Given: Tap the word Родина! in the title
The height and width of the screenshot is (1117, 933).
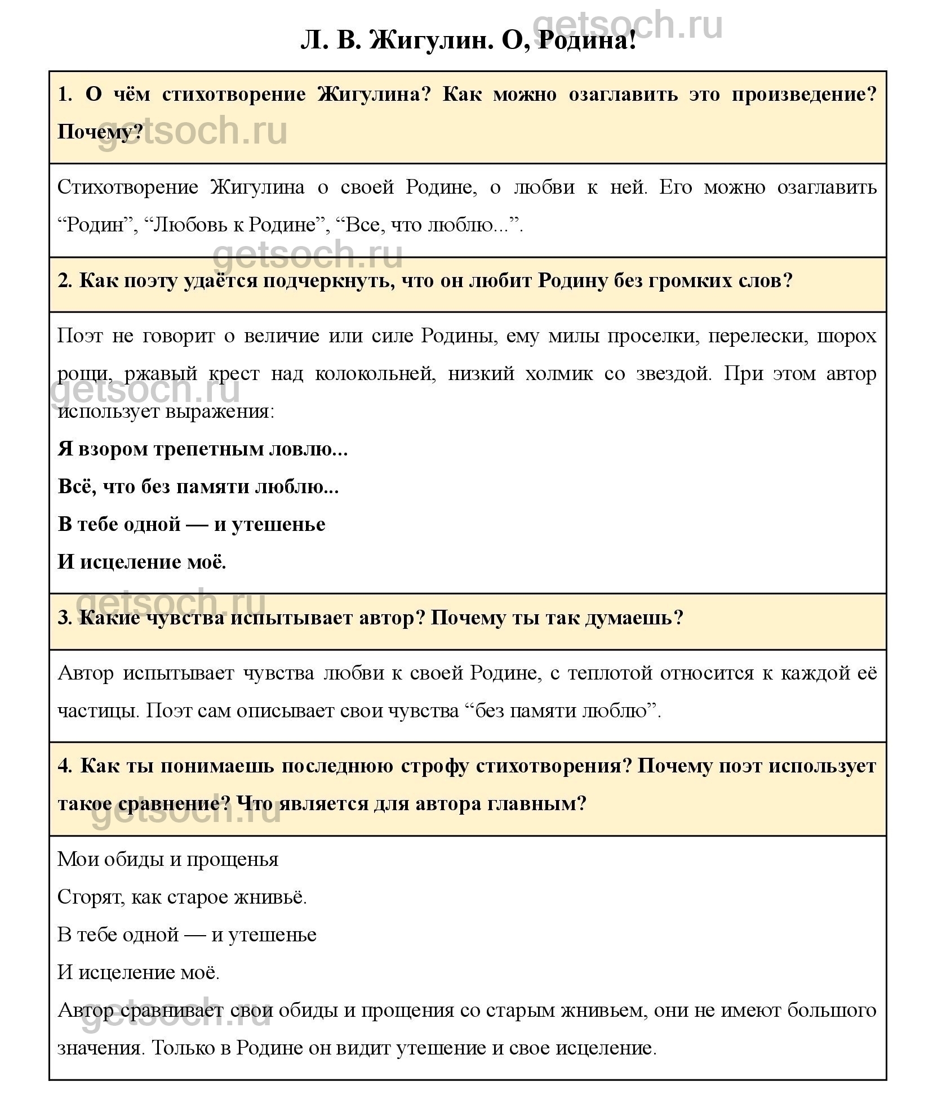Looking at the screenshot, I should [587, 41].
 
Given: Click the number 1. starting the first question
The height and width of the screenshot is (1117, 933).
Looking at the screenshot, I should [65, 94].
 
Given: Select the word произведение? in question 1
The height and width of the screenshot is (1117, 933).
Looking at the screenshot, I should [804, 94].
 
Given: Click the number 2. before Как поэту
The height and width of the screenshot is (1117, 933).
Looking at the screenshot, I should [65, 280].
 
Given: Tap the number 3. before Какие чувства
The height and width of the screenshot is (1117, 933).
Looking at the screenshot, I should [65, 618].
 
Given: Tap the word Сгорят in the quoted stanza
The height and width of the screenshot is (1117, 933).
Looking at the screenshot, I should [90, 897].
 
